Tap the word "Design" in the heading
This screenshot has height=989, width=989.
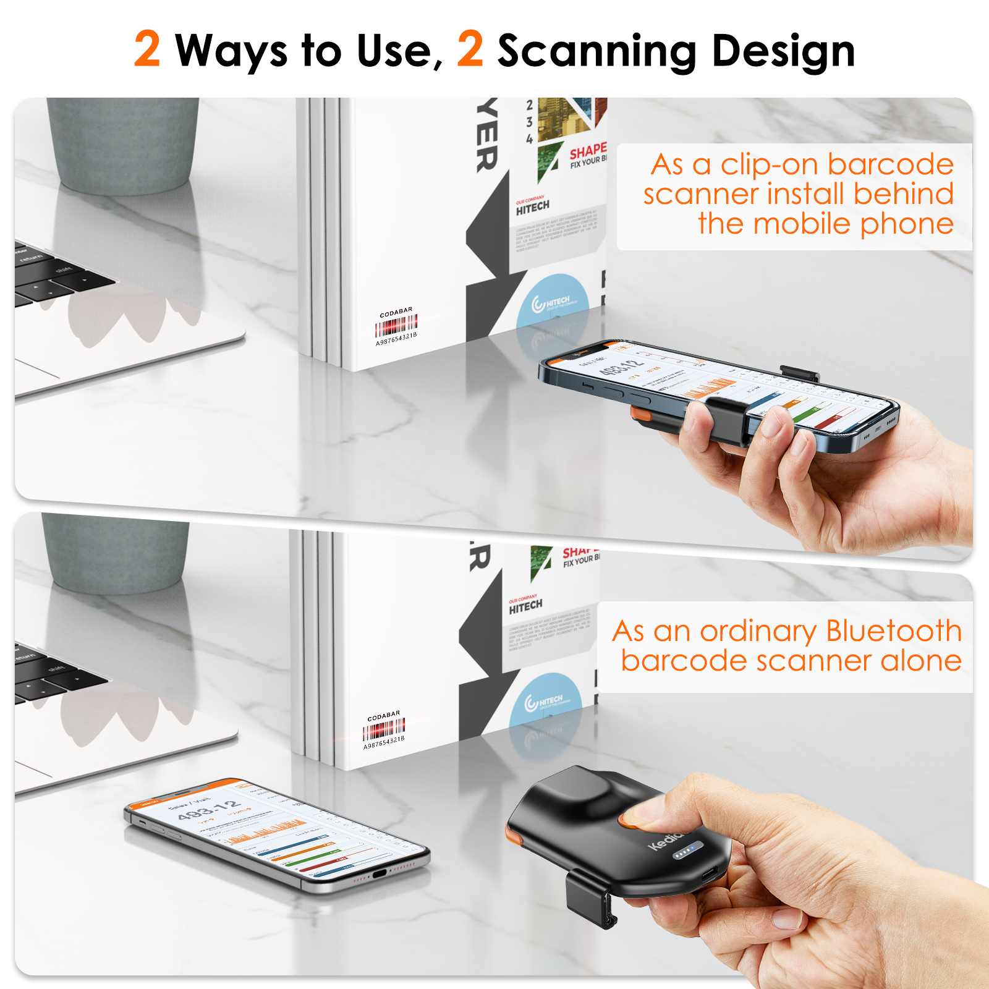[x=783, y=52]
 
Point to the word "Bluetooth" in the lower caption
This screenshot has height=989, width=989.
[x=893, y=632]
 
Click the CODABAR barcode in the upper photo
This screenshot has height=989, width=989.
[x=396, y=325]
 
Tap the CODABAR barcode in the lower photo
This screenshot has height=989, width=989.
[x=384, y=729]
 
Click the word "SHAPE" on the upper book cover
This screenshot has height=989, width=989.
[x=587, y=150]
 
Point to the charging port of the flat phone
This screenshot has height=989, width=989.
[x=379, y=873]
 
